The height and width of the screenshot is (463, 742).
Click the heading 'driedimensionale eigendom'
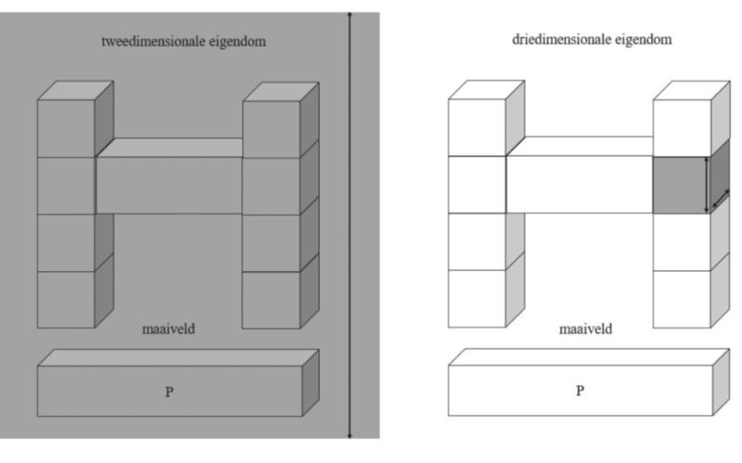[x=592, y=40]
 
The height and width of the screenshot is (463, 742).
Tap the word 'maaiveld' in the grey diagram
[x=168, y=329]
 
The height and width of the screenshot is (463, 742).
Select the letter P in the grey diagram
[x=169, y=392]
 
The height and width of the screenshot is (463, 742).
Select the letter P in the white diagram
[x=580, y=391]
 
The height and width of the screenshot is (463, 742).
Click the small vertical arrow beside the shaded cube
[x=709, y=186]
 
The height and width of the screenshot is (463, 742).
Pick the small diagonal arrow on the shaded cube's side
[x=720, y=199]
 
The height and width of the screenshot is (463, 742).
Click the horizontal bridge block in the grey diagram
[x=169, y=185]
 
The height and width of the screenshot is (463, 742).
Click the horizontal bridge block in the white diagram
[x=580, y=185]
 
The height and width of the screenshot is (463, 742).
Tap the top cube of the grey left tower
[x=66, y=128]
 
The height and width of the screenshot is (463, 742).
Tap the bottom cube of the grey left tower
[x=66, y=299]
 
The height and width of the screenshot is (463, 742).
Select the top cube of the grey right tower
[x=271, y=128]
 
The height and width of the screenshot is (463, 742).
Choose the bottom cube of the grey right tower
[x=271, y=299]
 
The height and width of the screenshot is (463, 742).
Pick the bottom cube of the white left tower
[x=477, y=299]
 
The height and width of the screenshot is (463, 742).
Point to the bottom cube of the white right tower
[x=682, y=299]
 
